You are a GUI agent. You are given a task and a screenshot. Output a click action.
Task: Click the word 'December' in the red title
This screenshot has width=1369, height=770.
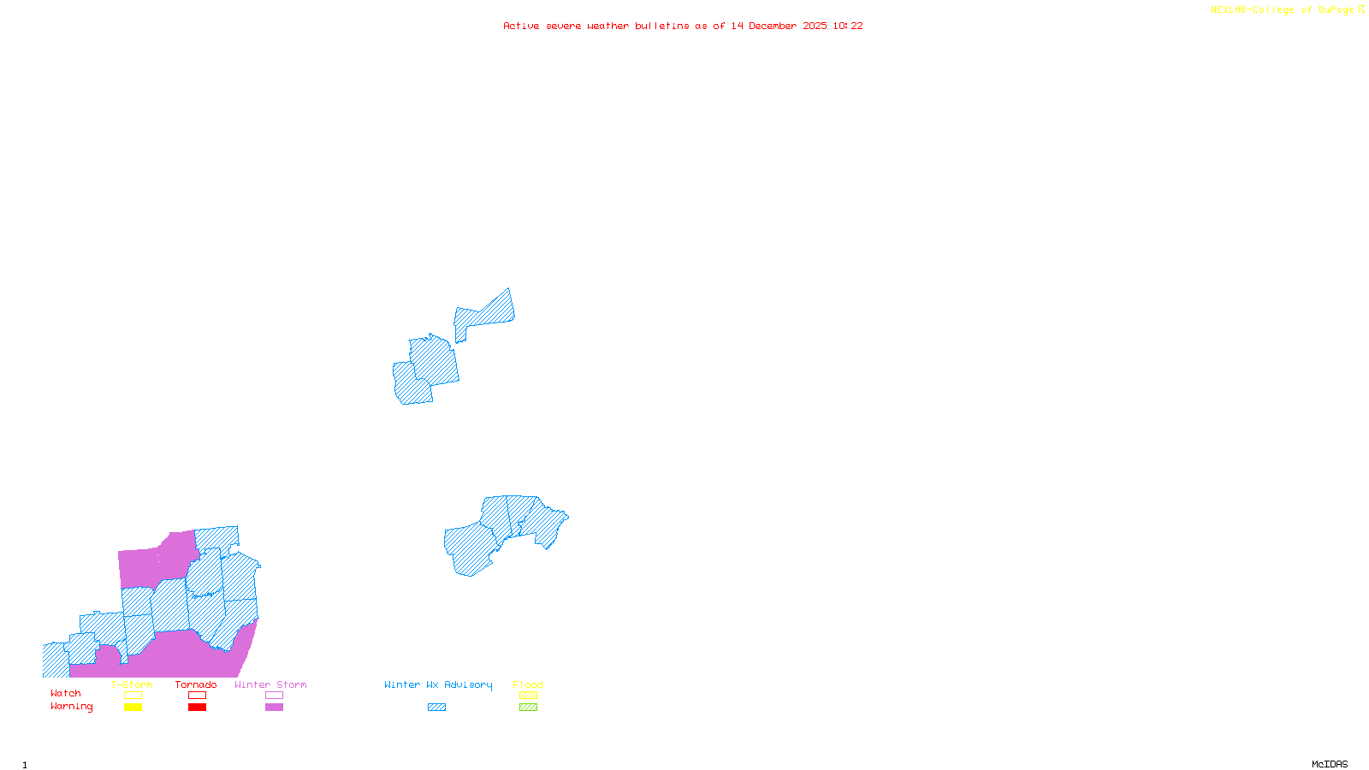point(773,26)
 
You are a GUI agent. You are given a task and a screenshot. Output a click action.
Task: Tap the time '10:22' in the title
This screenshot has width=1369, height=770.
point(848,26)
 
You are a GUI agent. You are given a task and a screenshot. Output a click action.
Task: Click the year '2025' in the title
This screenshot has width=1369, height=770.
point(815,26)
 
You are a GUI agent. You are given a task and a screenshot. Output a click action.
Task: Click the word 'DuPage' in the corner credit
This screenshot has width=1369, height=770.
point(1336,10)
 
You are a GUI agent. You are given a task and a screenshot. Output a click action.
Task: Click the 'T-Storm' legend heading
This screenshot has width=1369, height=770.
point(132,684)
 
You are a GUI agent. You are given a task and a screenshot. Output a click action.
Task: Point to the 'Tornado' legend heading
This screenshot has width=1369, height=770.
point(196,684)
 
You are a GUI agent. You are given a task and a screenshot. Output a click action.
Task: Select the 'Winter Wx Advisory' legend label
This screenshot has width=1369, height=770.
point(438,684)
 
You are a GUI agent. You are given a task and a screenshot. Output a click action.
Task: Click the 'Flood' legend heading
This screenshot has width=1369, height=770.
point(528,684)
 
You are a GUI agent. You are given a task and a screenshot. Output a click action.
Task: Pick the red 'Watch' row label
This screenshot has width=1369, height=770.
point(66,694)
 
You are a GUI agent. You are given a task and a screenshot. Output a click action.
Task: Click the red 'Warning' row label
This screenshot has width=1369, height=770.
point(71,707)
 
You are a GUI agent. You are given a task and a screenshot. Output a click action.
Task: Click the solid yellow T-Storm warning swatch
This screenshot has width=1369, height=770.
point(133,708)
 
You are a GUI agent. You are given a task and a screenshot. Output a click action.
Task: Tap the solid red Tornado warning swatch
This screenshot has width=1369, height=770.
point(197,708)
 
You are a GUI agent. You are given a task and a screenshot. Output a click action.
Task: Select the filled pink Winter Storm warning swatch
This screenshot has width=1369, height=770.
point(274,708)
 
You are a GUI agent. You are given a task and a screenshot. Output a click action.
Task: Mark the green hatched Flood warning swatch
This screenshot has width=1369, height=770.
point(528,708)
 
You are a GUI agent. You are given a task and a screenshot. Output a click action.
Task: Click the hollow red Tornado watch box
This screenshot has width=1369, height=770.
point(197,696)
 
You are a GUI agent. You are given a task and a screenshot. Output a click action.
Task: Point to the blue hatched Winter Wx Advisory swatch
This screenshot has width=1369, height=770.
point(436,708)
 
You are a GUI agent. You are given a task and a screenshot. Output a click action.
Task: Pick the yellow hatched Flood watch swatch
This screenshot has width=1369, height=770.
point(528,696)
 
